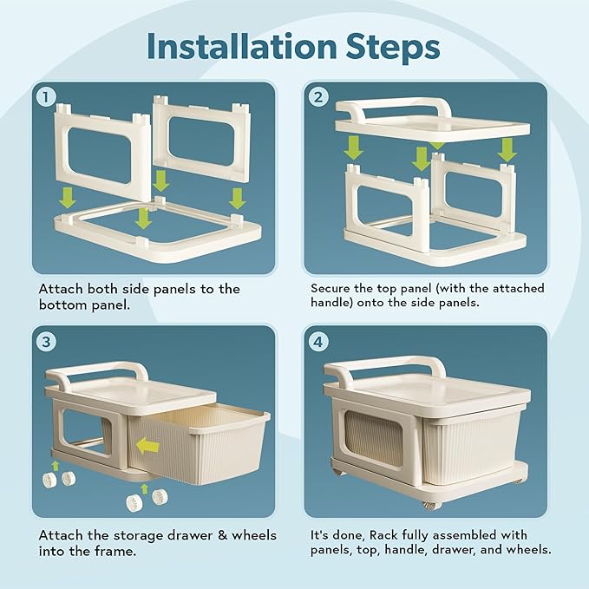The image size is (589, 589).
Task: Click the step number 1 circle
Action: click(x=46, y=97)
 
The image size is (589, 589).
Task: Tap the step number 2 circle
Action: click(x=317, y=97)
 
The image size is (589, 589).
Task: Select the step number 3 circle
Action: click(x=46, y=342)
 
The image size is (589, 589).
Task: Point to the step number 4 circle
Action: click(x=317, y=342)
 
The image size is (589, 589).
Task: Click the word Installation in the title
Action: click(x=241, y=47)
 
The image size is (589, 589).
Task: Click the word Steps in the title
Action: click(x=393, y=48)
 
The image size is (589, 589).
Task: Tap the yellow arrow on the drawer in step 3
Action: click(x=147, y=446)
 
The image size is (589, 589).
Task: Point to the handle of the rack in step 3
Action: click(x=98, y=370)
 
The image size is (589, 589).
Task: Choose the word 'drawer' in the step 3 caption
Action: click(x=190, y=535)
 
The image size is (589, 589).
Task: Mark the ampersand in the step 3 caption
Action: click(x=223, y=535)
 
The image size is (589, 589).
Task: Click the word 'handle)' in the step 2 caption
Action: click(x=332, y=303)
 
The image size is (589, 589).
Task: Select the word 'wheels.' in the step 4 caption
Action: click(x=528, y=549)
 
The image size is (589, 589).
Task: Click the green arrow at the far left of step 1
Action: click(x=68, y=198)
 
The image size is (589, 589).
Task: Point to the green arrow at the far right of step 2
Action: click(x=507, y=150)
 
